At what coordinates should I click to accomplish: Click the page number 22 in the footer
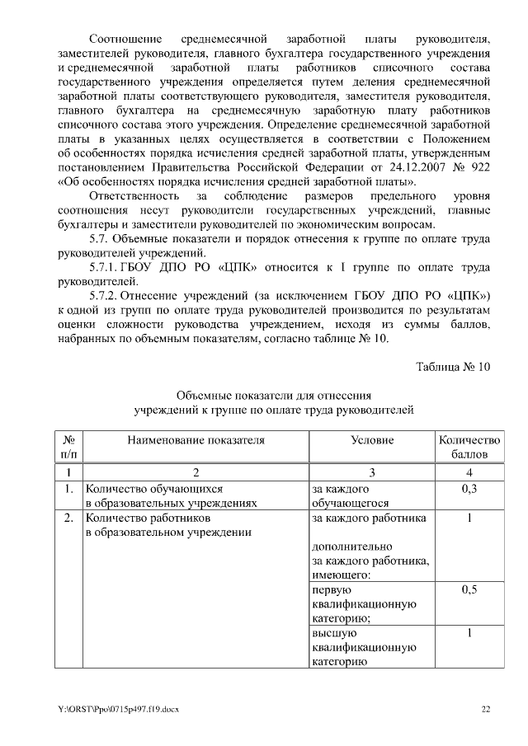coord(486,708)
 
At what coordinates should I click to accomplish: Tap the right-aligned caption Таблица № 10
coord(455,368)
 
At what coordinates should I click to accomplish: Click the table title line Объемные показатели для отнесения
coord(273,396)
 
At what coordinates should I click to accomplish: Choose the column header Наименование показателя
coord(196,440)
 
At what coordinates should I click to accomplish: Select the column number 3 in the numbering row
coord(371,472)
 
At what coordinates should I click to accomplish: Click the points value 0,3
coord(469,489)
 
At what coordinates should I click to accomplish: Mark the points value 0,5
coord(469,590)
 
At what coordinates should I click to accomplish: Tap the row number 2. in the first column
coord(69,518)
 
